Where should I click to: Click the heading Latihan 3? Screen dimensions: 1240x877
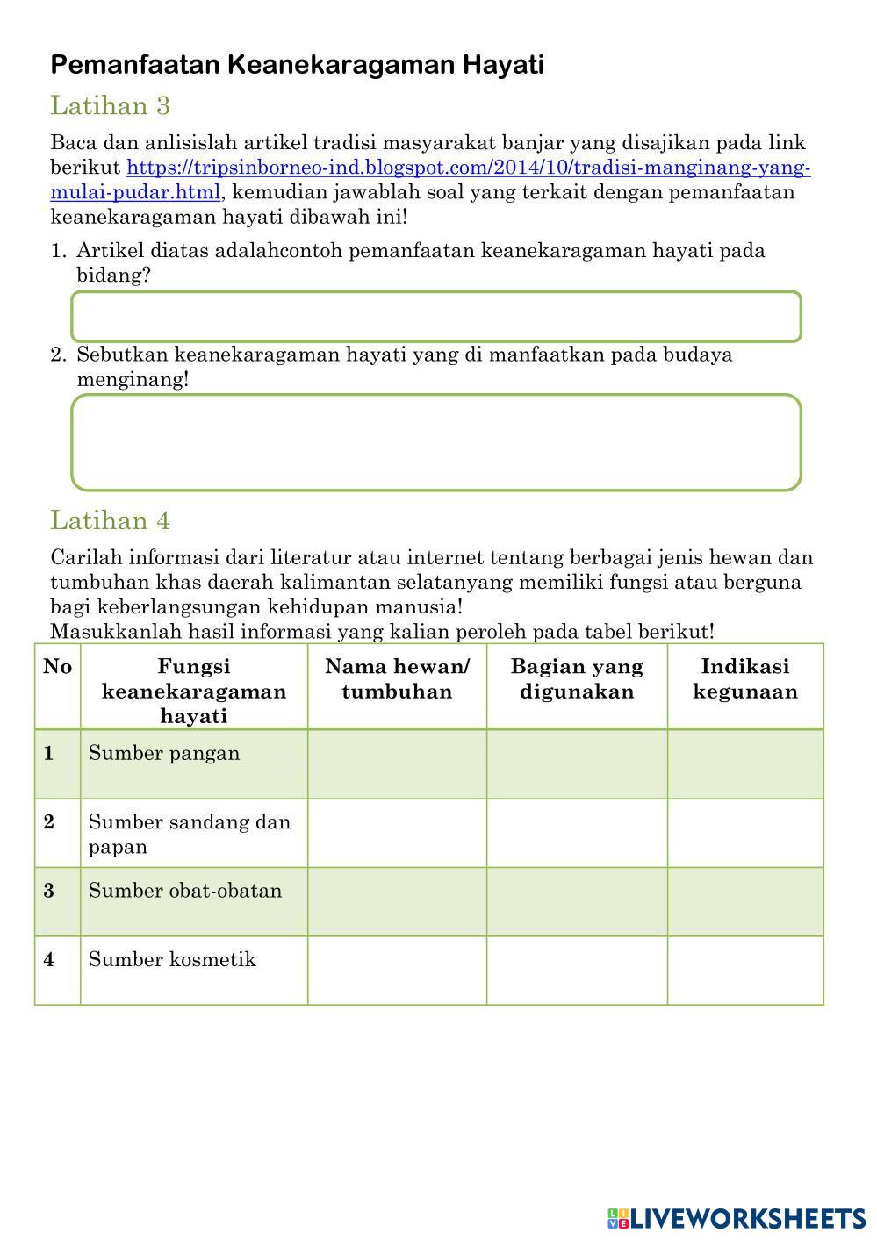tap(110, 106)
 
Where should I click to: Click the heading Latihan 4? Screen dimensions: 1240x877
tap(110, 520)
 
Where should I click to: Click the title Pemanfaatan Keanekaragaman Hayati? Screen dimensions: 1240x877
tap(297, 64)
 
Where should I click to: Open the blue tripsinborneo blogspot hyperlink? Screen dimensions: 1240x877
tap(468, 168)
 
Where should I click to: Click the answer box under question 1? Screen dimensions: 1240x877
tap(436, 317)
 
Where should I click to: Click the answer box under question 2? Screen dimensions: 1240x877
tap(436, 442)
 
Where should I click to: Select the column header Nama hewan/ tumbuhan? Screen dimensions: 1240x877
tap(397, 678)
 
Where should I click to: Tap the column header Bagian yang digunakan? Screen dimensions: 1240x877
tap(577, 678)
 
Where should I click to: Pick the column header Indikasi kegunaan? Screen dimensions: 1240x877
tap(744, 678)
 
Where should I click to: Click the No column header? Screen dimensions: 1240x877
tap(57, 667)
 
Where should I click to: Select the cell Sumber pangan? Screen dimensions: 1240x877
tap(164, 754)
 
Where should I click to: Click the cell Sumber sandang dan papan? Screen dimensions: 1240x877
tap(189, 834)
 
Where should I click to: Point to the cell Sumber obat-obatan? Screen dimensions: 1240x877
tap(185, 891)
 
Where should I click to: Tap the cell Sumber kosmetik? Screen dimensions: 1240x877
tap(172, 959)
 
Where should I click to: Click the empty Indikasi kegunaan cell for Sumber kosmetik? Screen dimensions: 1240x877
tap(744, 970)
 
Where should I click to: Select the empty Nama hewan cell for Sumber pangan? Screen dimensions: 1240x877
tap(397, 763)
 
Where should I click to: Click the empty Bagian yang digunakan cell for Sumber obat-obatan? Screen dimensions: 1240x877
tap(577, 901)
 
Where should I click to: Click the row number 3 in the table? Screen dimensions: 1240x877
tap(48, 891)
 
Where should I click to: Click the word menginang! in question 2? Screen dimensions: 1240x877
tap(133, 380)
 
